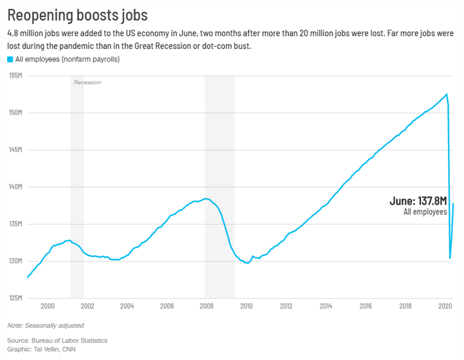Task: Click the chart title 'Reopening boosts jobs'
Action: tap(78, 15)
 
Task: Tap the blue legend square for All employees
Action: tap(10, 60)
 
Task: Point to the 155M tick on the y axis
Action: tap(16, 76)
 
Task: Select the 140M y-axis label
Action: tap(16, 187)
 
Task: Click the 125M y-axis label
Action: tap(16, 298)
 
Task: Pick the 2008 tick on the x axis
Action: tap(206, 306)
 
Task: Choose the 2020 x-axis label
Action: tap(445, 306)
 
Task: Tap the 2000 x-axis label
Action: tap(47, 306)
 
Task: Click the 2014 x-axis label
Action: tap(325, 306)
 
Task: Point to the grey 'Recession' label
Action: tap(87, 82)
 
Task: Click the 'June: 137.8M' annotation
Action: tap(418, 201)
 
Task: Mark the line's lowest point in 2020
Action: tap(450, 258)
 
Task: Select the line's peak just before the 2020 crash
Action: tap(446, 94)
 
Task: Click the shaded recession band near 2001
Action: tap(77, 189)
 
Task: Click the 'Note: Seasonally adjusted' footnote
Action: tap(45, 325)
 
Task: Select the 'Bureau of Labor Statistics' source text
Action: tap(69, 341)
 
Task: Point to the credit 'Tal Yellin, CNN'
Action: tap(53, 350)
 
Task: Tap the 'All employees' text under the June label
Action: tap(425, 212)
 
